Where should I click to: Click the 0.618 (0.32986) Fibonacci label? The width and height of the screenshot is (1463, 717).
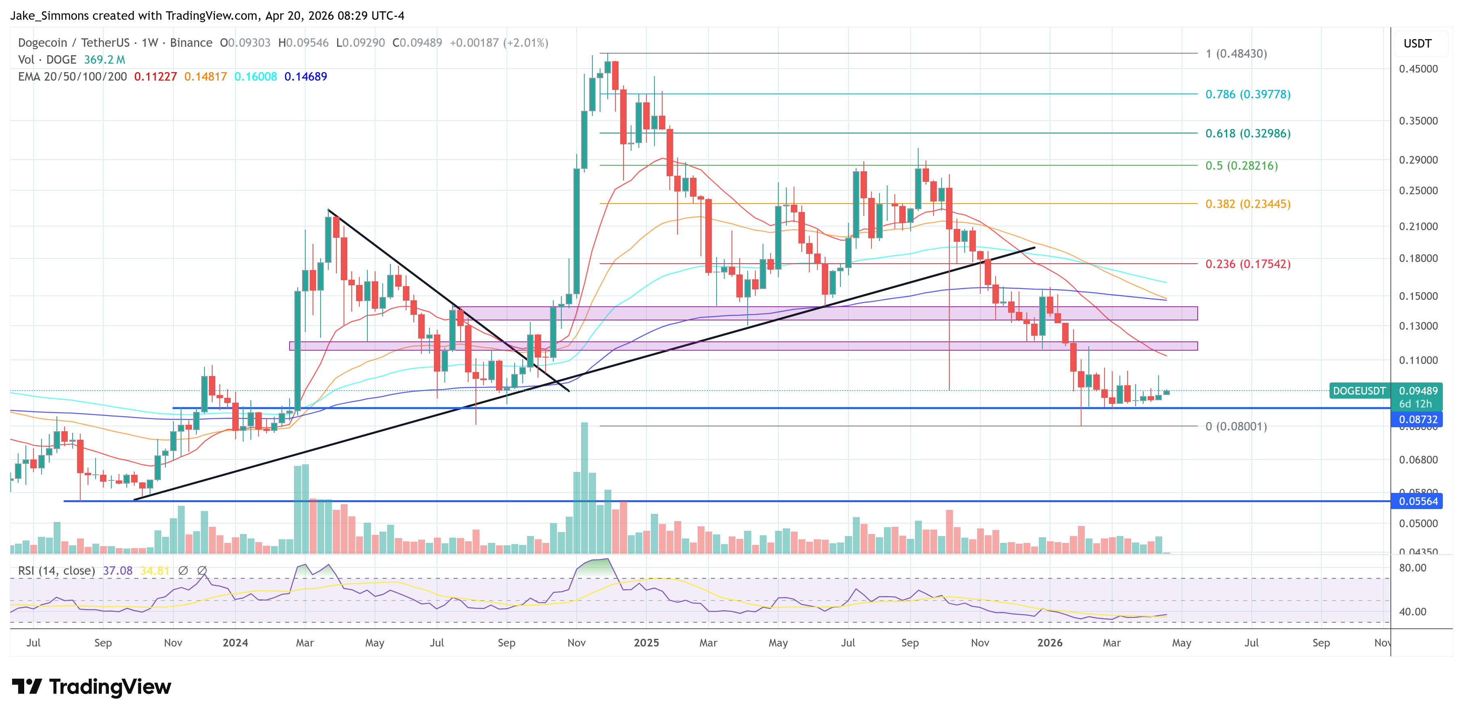tap(1247, 133)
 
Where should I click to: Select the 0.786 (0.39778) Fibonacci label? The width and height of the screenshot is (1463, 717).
tap(1247, 94)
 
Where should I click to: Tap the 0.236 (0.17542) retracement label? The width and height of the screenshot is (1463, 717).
tap(1247, 264)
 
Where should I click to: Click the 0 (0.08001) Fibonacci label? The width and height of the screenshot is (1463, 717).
tap(1236, 426)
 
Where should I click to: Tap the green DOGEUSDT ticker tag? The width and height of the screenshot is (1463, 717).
tap(1359, 391)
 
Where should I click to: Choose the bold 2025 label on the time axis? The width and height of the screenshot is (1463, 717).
tap(646, 642)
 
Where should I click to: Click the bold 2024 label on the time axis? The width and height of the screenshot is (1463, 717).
tap(235, 642)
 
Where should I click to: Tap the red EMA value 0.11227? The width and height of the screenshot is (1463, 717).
tap(155, 77)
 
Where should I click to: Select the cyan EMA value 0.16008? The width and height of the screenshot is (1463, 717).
tap(256, 77)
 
